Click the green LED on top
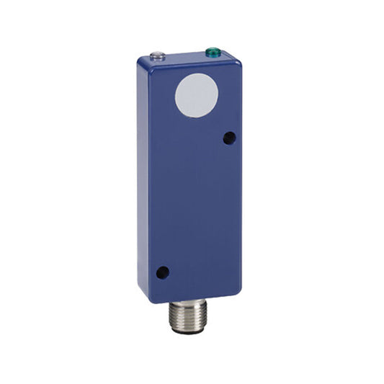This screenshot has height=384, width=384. [213, 52]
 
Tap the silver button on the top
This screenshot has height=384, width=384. [158, 55]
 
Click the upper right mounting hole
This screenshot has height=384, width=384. [228, 137]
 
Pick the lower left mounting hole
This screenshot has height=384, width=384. [163, 272]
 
